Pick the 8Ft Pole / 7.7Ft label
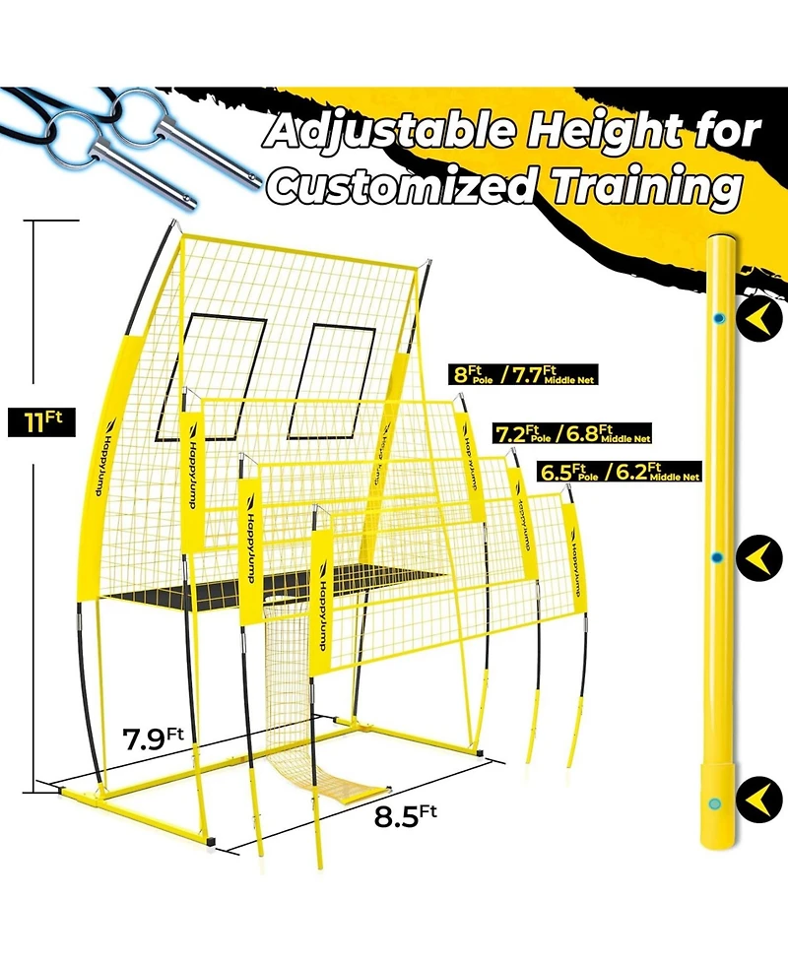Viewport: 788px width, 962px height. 522,374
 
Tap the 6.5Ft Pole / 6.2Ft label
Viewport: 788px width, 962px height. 619,472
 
